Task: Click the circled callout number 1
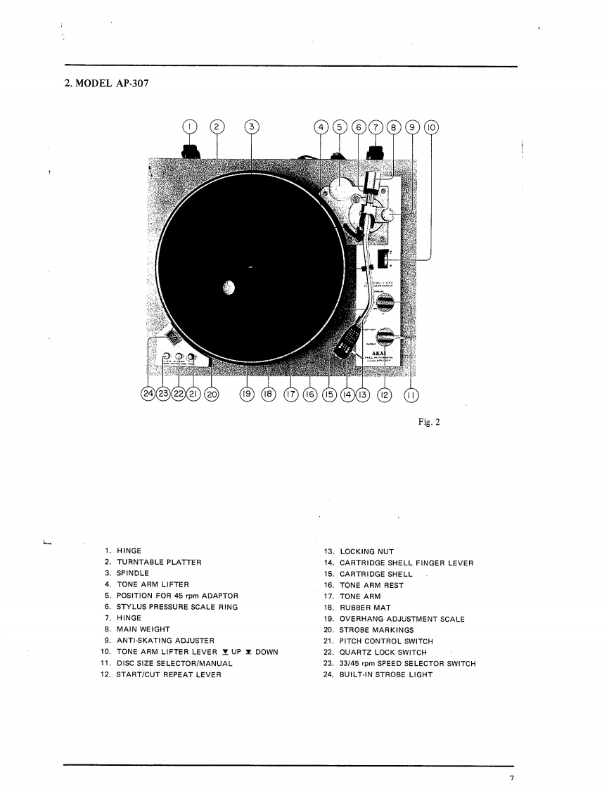189,127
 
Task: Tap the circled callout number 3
252,127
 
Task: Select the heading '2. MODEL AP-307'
106,84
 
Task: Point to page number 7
513,777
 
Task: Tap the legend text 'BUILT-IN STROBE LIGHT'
386,674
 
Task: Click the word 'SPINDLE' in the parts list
133,573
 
